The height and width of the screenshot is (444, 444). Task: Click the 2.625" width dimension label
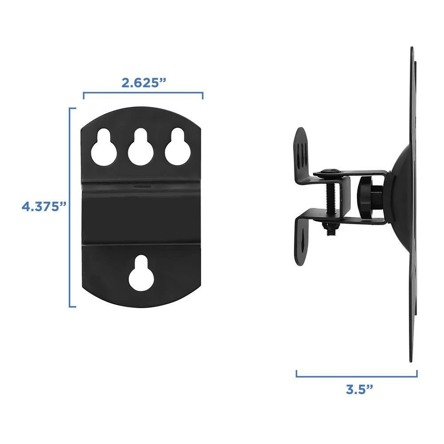pos(143,83)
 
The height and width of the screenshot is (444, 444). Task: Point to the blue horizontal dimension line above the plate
pos(143,94)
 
